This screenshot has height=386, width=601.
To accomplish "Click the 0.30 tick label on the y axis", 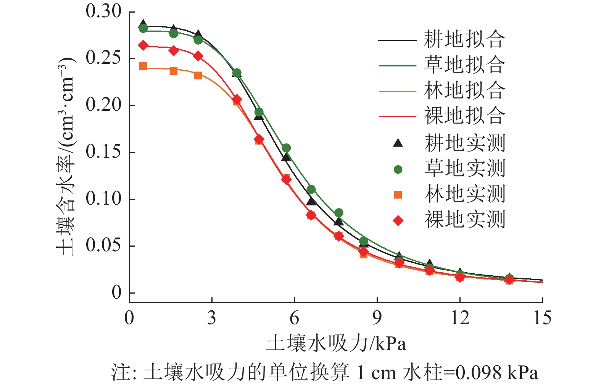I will tap(103, 11).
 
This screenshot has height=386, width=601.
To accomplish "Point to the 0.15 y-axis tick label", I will tap(103, 152).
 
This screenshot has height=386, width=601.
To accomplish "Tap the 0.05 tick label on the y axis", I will tap(103, 246).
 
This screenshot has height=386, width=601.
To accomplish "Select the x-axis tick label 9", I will tap(377, 318).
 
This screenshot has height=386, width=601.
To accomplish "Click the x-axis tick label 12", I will tap(460, 318).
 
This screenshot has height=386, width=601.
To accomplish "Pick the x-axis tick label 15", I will tap(542, 318).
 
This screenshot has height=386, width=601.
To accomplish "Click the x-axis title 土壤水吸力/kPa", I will tap(336, 343).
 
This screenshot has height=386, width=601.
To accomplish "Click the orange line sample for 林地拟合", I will tap(397, 91).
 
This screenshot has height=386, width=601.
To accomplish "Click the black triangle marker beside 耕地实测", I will tap(398, 143).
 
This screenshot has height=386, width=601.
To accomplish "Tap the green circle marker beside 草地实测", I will tap(398, 169).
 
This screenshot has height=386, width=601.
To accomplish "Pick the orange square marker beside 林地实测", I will tap(398, 195).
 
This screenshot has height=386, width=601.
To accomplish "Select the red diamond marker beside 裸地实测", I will tap(398, 221).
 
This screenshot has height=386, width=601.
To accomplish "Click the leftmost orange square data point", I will tap(143, 66).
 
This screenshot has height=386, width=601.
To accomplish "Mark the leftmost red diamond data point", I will tap(143, 45).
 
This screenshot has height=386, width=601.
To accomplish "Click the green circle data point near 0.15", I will tap(286, 148).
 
